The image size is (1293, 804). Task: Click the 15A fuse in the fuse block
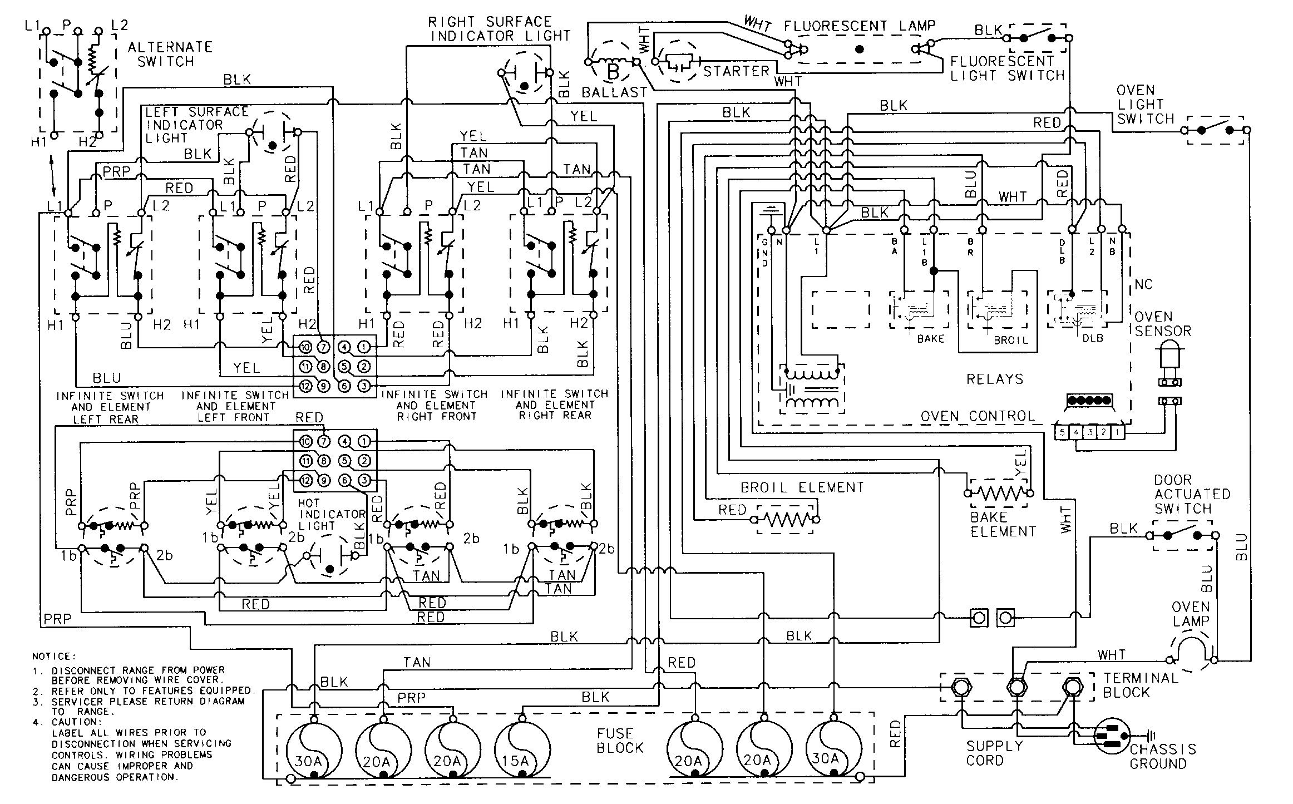[522, 749]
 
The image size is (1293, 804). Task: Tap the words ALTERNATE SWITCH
[170, 54]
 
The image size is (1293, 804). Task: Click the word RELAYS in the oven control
[994, 379]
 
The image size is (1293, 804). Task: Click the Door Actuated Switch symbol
[1182, 535]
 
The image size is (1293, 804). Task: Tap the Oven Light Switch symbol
[1215, 130]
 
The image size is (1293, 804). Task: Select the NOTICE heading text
[54, 657]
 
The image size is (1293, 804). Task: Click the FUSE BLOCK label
[619, 741]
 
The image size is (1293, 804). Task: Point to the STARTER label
[736, 71]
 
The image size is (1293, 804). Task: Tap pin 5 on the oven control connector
[1062, 431]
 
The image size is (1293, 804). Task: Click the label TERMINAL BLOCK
[1141, 685]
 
